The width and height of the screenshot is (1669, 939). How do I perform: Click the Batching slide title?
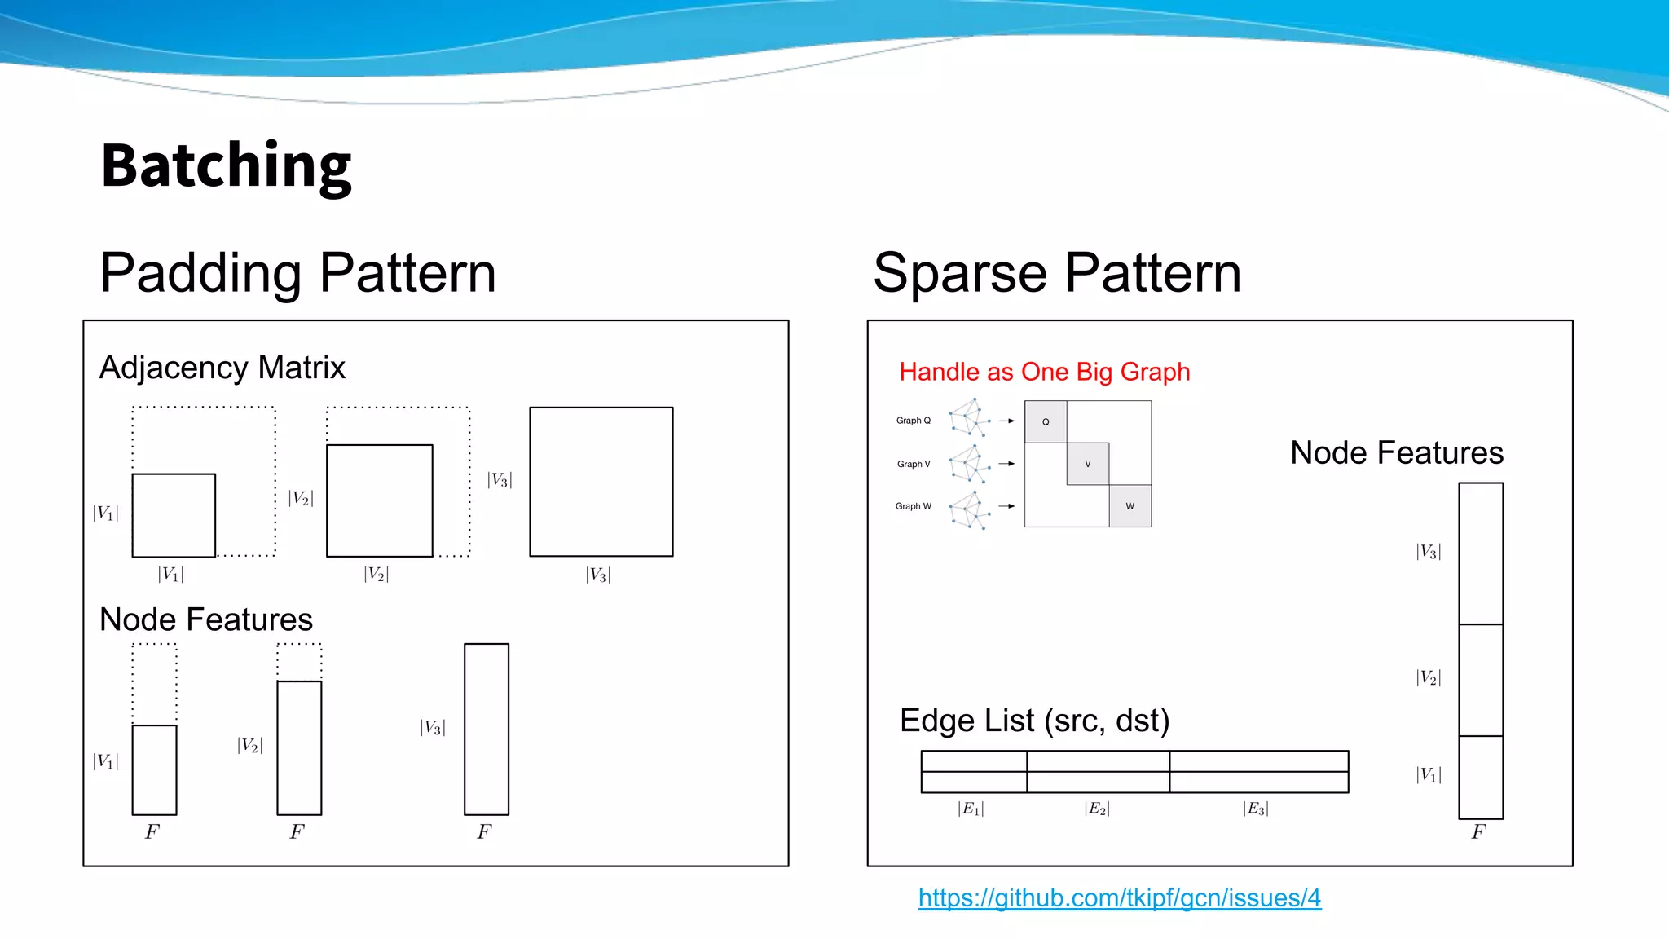tap(226, 165)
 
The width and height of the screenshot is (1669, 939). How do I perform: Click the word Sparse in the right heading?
tap(959, 273)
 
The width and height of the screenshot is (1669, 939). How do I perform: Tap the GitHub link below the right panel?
tap(1119, 897)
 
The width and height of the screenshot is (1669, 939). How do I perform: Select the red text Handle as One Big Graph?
tap(1044, 372)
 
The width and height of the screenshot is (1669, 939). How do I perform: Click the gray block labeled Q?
tap(1046, 421)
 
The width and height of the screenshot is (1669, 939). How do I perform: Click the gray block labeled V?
tap(1088, 464)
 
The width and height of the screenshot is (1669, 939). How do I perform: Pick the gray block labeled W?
tap(1130, 506)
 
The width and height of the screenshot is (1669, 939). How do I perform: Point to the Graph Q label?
tap(913, 421)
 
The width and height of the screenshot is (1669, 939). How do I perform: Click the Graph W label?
tap(913, 506)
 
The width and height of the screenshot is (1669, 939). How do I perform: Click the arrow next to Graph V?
tap(1006, 464)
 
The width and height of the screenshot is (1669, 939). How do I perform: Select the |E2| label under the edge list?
tap(1097, 809)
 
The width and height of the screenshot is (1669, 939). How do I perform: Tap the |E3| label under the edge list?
tap(1256, 809)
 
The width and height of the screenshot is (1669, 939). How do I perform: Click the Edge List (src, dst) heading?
tap(1034, 721)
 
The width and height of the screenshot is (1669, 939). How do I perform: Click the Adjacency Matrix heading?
tap(222, 368)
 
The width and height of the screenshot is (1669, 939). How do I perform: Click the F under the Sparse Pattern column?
tap(1478, 832)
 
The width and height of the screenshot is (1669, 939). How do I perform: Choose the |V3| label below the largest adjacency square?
tap(598, 575)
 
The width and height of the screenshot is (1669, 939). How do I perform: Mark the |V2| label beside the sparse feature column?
tap(1429, 677)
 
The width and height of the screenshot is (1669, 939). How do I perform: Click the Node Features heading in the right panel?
tap(1396, 453)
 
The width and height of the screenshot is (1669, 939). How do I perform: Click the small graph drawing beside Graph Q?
tap(970, 418)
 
